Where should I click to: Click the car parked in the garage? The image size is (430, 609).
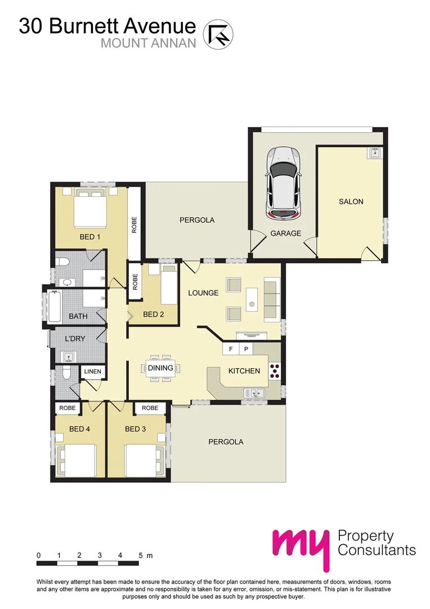click(x=283, y=183)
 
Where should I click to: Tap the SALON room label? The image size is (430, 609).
click(x=351, y=201)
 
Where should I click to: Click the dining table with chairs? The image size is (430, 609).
click(x=160, y=368)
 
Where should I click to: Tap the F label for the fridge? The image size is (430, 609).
click(x=230, y=349)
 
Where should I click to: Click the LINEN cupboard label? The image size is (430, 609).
click(x=93, y=371)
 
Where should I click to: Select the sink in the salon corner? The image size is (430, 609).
click(x=375, y=153)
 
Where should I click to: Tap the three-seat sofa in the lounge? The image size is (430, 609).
click(x=271, y=298)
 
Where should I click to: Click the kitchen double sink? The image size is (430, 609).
click(x=254, y=393)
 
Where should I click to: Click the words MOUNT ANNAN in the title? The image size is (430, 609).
click(x=149, y=43)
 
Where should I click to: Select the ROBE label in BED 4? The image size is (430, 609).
click(x=68, y=407)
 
